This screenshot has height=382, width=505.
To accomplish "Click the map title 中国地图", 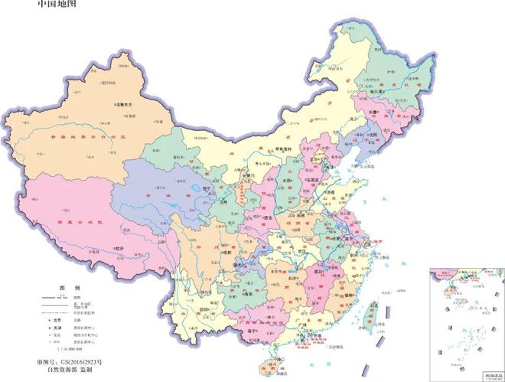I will click(x=57, y=5).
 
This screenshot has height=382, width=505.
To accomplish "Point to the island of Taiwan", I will click(x=375, y=314).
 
